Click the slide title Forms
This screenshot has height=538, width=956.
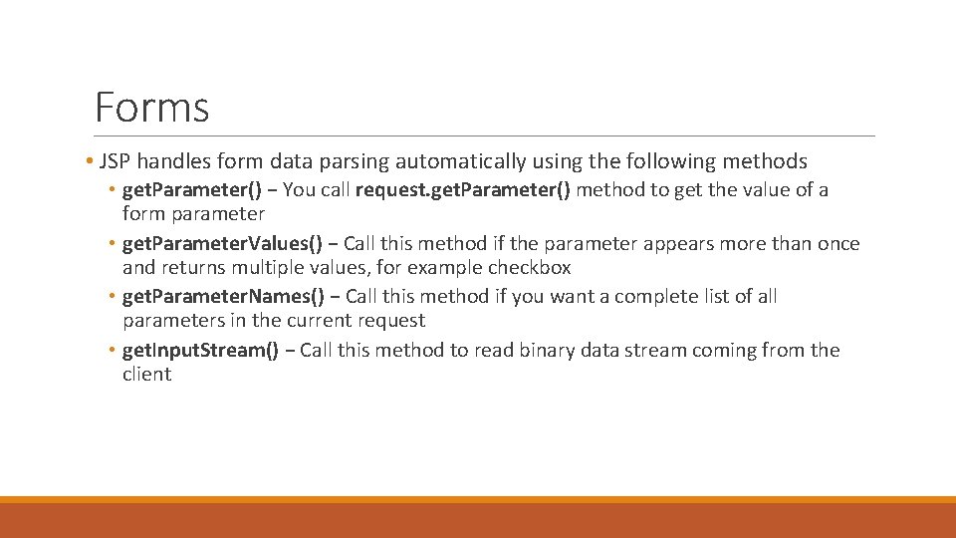click(151, 108)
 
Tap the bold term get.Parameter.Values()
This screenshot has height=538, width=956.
click(222, 244)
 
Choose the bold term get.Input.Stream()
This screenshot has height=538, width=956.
click(200, 350)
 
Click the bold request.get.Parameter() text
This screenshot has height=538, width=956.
click(462, 190)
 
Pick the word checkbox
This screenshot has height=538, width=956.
click(529, 268)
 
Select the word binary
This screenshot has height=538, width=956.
click(548, 350)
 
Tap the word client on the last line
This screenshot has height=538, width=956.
click(146, 375)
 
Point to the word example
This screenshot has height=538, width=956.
click(445, 268)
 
